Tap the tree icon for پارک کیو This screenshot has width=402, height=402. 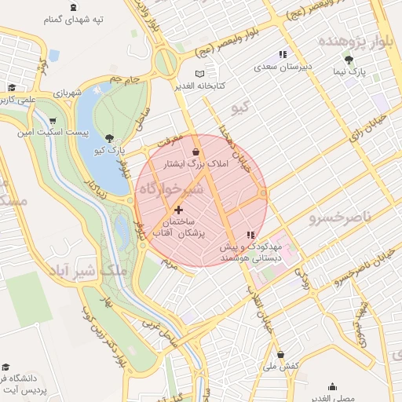[109, 137]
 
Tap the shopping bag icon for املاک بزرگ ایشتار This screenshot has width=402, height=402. [196, 152]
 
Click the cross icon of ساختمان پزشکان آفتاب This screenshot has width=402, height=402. [179, 210]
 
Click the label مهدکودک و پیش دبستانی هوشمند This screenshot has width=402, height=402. [250, 251]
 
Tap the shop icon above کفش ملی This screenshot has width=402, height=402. [280, 354]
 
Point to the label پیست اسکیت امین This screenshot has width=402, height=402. [52, 133]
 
